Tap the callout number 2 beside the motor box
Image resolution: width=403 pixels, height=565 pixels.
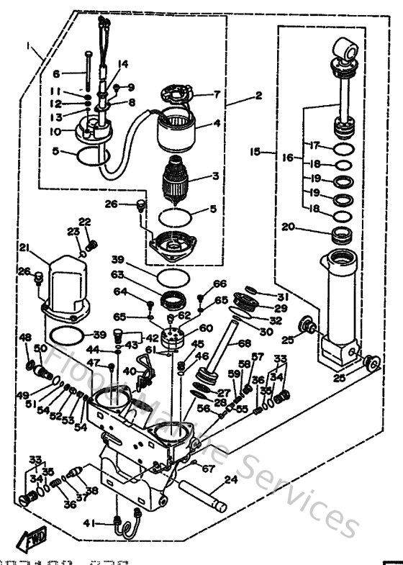click(x=258, y=95)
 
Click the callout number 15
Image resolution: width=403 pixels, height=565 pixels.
click(x=254, y=153)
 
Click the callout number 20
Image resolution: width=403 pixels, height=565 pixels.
click(x=289, y=227)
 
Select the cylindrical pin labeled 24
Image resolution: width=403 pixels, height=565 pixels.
click(x=206, y=496)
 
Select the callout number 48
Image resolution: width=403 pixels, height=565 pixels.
click(x=25, y=338)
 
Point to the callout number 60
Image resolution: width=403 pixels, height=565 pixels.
click(x=207, y=327)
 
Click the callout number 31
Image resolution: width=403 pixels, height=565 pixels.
click(x=282, y=297)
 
